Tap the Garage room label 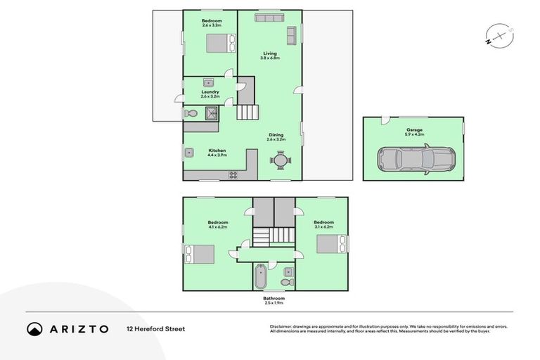[413, 131]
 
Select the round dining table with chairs [280, 160]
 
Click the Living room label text [270, 53]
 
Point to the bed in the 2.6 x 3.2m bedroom [217, 44]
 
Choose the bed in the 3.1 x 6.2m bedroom [329, 243]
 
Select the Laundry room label [210, 91]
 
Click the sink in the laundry [209, 82]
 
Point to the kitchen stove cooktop [232, 175]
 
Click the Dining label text [276, 135]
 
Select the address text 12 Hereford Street [155, 328]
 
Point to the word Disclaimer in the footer [283, 326]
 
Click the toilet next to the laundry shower [191, 113]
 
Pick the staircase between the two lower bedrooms [274, 236]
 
